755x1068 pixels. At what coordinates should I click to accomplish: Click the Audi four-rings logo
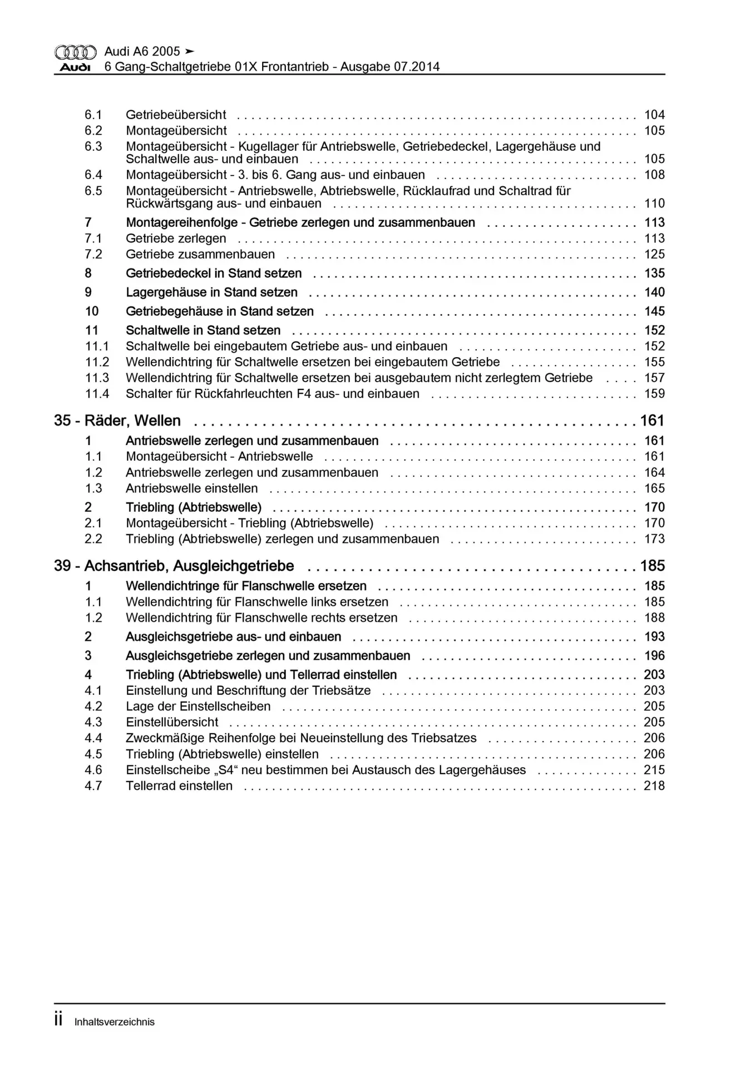75,52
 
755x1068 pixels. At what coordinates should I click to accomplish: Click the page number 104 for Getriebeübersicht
654,115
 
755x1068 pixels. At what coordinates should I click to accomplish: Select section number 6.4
93,175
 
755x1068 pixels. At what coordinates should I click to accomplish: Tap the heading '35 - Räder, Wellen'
117,421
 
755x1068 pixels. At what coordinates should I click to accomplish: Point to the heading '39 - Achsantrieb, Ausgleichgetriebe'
174,566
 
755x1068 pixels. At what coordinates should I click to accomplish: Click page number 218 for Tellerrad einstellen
654,786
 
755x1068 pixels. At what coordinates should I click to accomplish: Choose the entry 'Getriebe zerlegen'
176,239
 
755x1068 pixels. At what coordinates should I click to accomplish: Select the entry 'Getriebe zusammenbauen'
200,255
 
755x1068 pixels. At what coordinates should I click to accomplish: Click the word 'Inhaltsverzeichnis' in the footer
115,1022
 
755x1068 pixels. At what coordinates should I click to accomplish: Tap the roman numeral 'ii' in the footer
58,1021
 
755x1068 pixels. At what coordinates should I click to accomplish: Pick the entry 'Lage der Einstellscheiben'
198,706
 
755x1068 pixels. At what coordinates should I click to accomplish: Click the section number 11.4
97,394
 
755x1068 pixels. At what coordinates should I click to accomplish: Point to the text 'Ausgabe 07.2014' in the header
390,67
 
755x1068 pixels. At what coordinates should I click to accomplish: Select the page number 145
654,311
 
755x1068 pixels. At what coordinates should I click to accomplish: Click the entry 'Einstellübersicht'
172,723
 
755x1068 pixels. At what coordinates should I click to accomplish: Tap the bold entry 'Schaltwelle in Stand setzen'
203,330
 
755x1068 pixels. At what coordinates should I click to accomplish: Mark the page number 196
654,656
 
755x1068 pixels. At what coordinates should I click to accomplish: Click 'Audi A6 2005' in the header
142,52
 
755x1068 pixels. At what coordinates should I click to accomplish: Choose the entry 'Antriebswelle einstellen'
192,489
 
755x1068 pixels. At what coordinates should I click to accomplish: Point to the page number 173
654,539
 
